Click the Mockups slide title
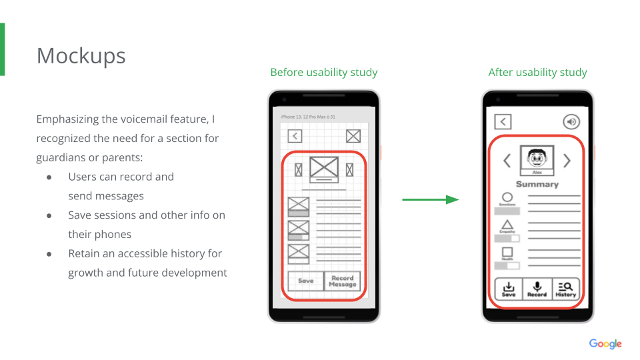(x=81, y=55)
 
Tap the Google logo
(x=605, y=344)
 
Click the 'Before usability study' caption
(x=324, y=72)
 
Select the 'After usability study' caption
(x=537, y=72)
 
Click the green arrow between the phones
(x=430, y=199)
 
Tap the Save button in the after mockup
(x=509, y=289)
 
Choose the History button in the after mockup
(x=565, y=289)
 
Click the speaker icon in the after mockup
(x=571, y=121)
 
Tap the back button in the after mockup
(x=503, y=121)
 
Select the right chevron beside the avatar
(x=567, y=161)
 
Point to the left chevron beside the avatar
(x=507, y=161)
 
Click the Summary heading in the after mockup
(x=537, y=184)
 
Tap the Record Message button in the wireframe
(x=342, y=281)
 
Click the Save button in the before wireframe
(x=305, y=281)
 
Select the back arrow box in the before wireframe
(x=295, y=136)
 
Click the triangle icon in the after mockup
(x=507, y=225)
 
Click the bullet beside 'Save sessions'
(x=49, y=215)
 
